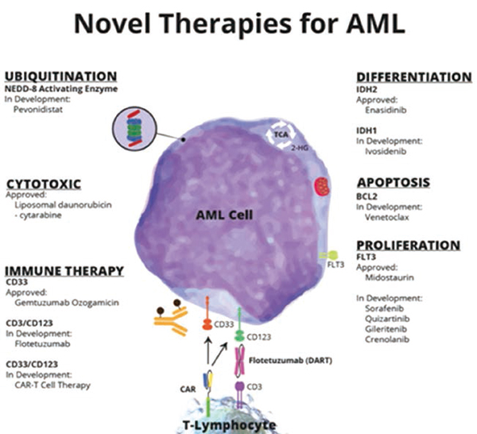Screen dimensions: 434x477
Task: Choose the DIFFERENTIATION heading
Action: (413, 76)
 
